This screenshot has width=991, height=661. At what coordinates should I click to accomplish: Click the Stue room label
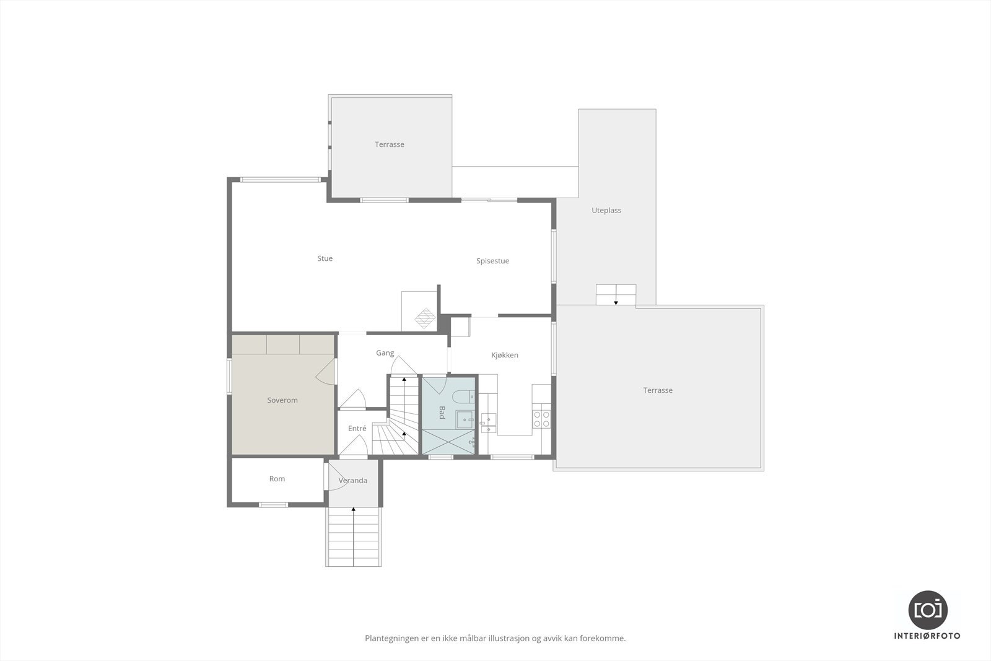point(325,258)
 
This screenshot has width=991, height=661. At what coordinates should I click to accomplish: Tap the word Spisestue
point(492,261)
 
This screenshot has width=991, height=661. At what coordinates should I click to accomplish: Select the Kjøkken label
point(504,355)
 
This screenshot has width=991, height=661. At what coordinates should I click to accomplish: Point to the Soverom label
point(282,400)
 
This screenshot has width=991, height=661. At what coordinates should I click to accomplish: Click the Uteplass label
point(606,210)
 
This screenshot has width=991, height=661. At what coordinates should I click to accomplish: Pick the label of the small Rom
point(277,479)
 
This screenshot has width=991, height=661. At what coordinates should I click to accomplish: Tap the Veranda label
point(352,480)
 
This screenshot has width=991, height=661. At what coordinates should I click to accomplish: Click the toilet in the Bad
point(463,396)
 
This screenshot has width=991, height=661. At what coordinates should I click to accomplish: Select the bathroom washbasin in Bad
point(465,419)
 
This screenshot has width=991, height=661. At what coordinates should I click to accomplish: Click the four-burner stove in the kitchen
point(541,419)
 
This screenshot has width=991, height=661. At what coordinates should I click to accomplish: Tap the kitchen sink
point(489,422)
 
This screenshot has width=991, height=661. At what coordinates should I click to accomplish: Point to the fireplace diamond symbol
point(426,318)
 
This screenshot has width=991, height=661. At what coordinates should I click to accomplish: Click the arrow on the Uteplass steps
point(616,302)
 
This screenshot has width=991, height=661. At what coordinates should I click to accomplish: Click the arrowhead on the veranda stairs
point(353,509)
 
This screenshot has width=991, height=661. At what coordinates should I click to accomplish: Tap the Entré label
point(357,429)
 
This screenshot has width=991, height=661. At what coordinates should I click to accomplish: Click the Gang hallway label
point(385,353)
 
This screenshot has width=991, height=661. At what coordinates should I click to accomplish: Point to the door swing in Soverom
point(325,372)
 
